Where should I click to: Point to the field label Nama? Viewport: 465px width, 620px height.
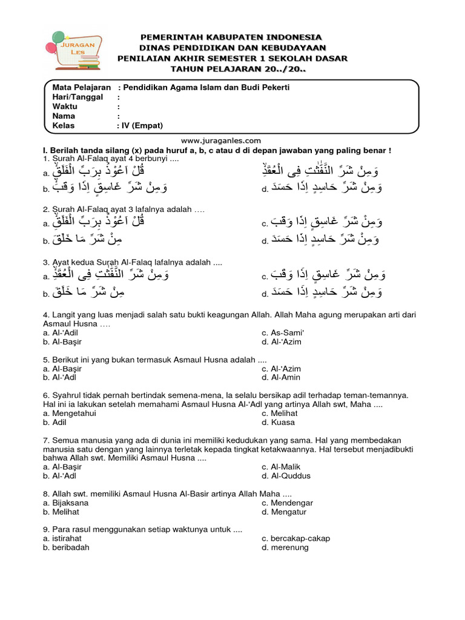pos(64,116)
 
